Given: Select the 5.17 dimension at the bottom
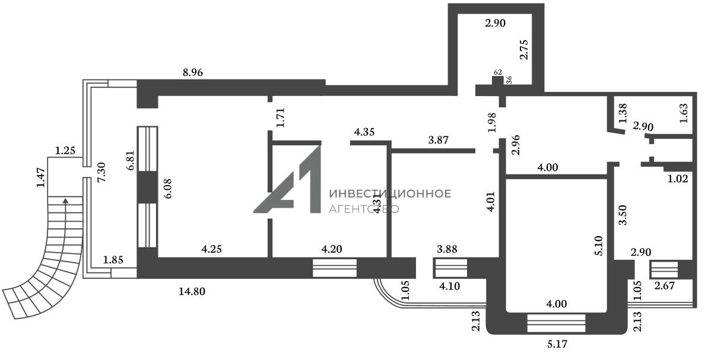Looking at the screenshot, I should pyautogui.click(x=557, y=343).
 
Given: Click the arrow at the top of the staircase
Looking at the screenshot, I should pyautogui.click(x=65, y=202).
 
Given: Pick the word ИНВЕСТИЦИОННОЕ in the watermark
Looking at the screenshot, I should pyautogui.click(x=389, y=194).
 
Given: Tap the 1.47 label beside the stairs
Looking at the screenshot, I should pyautogui.click(x=40, y=178).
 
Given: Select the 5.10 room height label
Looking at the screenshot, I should pyautogui.click(x=599, y=246).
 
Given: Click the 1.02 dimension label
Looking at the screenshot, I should pyautogui.click(x=677, y=179).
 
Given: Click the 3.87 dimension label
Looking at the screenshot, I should pyautogui.click(x=439, y=141).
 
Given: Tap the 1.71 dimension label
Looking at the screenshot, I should pyautogui.click(x=281, y=117).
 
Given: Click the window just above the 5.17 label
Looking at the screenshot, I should pyautogui.click(x=556, y=323).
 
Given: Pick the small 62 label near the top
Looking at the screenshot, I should pyautogui.click(x=497, y=72).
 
